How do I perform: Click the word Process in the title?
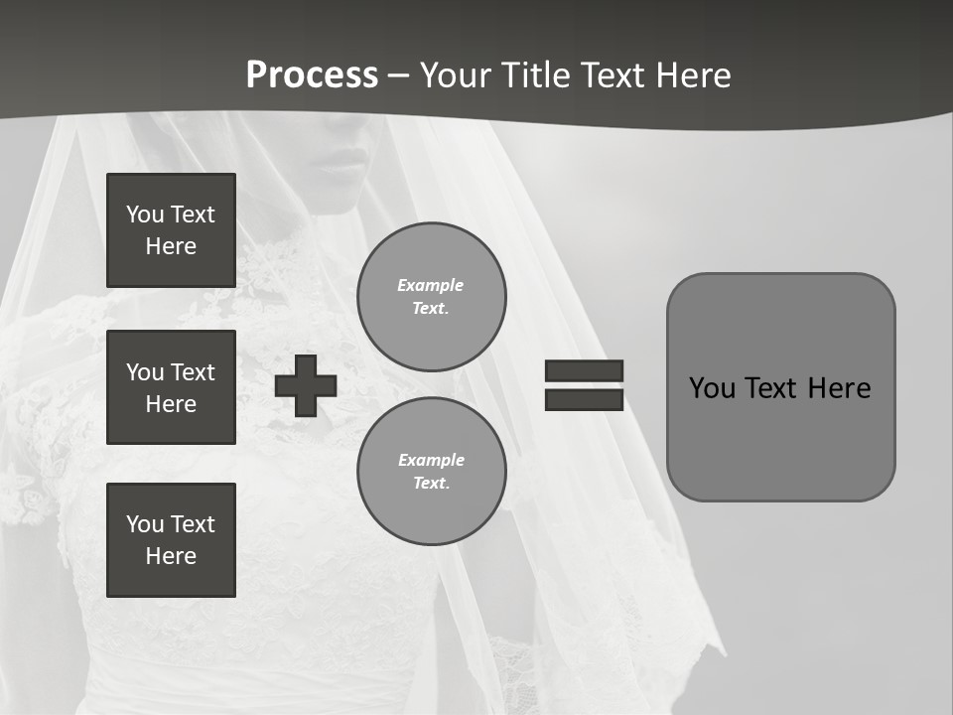point(312,75)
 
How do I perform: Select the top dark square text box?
point(171,230)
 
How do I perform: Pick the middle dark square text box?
point(171,387)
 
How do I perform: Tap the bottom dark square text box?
point(171,540)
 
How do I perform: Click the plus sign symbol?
point(306,386)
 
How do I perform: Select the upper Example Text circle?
point(432,297)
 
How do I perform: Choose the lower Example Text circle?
point(432,471)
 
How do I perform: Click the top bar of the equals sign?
point(584,370)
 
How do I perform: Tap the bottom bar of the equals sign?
point(584,399)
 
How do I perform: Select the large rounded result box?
point(780,387)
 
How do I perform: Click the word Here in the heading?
point(693,75)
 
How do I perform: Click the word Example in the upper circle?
point(431,285)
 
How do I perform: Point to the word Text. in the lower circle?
point(432,484)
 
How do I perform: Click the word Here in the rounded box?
point(839,388)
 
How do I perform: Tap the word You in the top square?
point(144,214)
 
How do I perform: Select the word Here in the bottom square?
point(171,556)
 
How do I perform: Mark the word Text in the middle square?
point(194,372)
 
